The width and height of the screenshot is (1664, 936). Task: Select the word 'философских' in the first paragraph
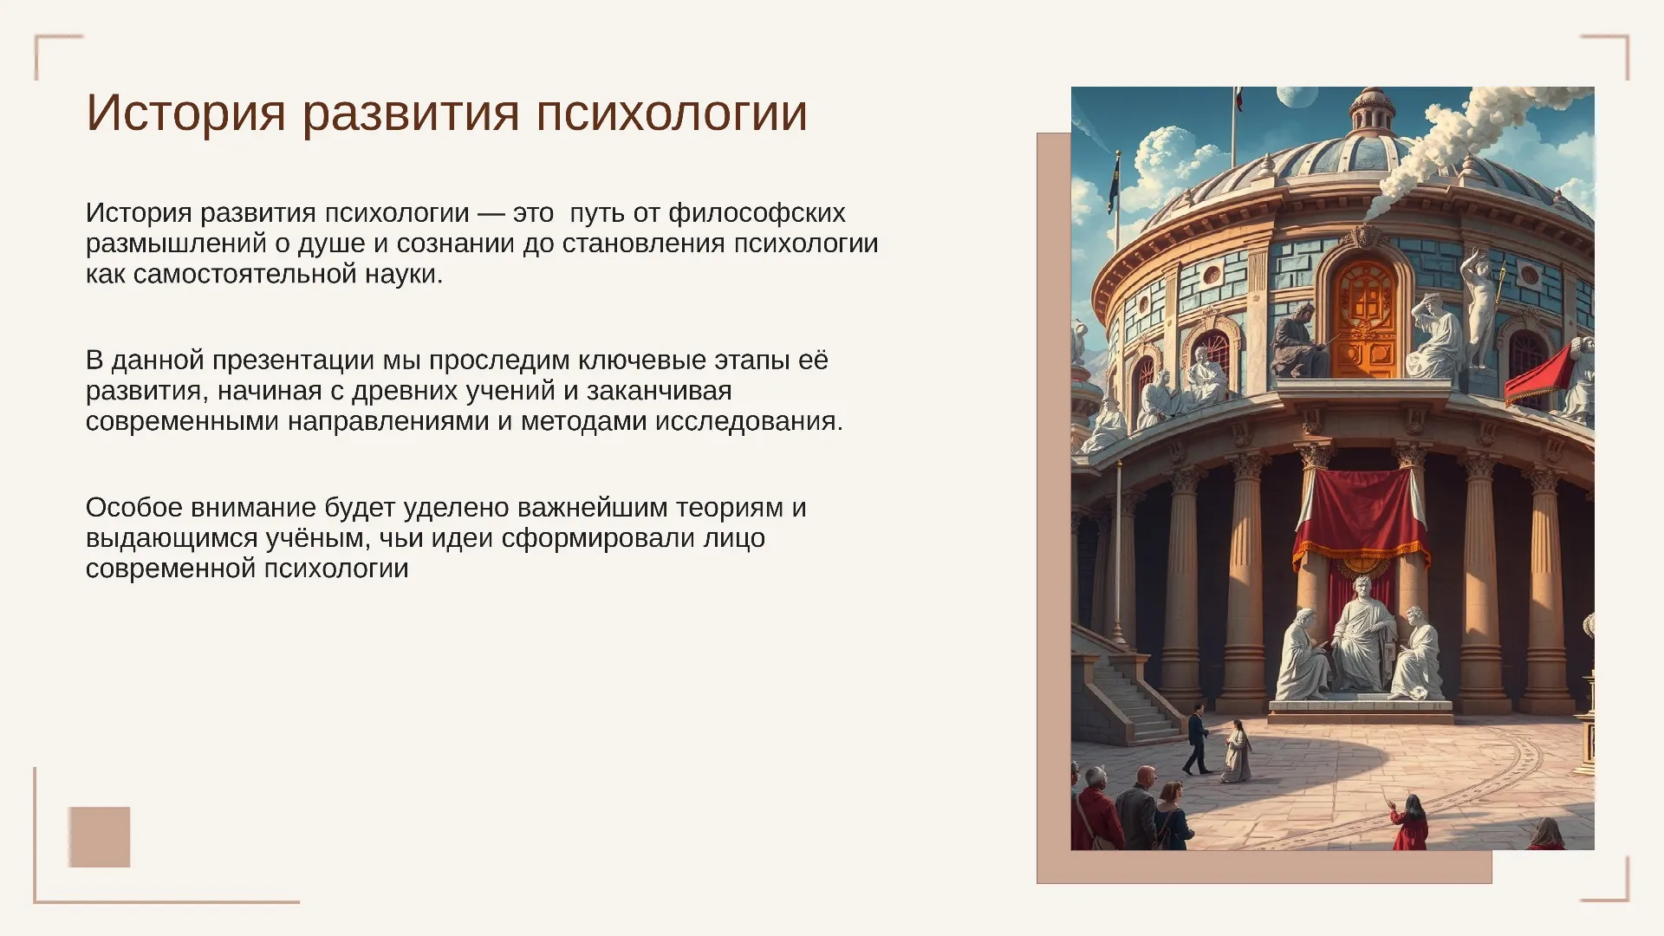click(757, 213)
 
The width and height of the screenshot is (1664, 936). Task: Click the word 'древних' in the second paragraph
click(405, 391)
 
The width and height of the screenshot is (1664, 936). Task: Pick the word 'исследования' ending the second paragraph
click(749, 422)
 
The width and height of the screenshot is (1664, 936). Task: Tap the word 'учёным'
click(318, 539)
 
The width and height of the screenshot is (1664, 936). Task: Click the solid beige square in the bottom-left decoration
click(100, 837)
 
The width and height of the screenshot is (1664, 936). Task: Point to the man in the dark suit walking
click(1197, 740)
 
